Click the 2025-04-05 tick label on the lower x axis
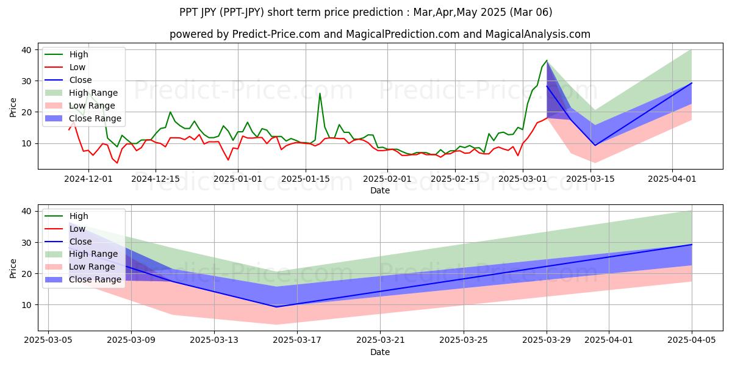(692, 340)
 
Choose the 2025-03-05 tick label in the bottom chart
(48, 340)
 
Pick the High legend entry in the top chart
(79, 54)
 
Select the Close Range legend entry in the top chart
(95, 118)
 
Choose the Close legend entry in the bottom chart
(81, 242)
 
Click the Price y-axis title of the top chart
(13, 107)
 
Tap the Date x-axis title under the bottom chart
(380, 352)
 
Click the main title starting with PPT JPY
(366, 12)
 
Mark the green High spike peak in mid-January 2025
(320, 93)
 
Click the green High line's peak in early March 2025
(547, 60)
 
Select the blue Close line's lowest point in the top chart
(595, 145)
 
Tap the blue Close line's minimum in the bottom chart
(276, 307)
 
